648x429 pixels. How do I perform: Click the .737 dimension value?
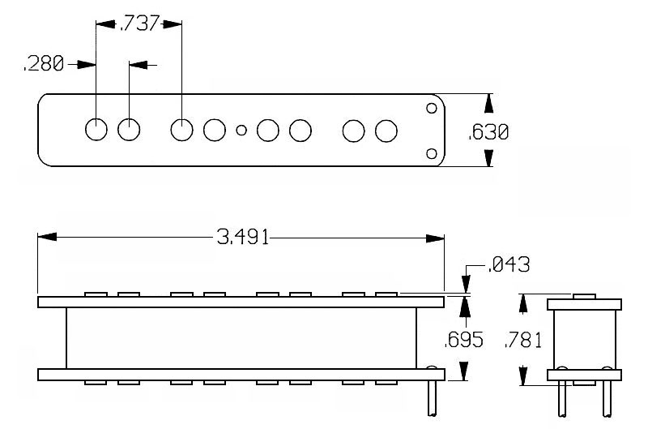(139, 24)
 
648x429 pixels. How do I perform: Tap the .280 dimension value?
(44, 64)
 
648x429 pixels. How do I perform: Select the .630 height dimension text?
(488, 132)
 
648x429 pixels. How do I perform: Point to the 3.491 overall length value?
(243, 238)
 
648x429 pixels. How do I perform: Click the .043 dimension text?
(509, 264)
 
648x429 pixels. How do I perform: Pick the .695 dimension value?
(463, 340)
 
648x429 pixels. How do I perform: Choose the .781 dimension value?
(522, 341)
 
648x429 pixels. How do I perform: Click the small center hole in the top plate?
(241, 131)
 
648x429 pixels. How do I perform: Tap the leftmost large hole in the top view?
(96, 130)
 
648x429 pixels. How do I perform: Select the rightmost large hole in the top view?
(386, 131)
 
